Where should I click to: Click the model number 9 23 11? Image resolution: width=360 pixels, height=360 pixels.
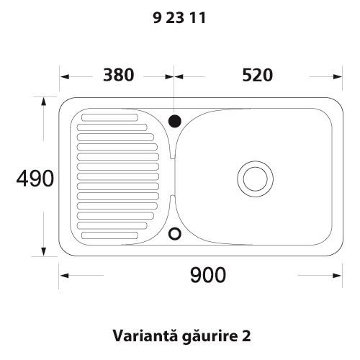point(180,20)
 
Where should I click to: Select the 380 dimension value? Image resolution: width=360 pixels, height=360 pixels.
point(117,76)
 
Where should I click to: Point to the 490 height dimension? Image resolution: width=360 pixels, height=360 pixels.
point(35,178)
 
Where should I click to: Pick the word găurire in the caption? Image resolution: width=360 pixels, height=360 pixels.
point(204,336)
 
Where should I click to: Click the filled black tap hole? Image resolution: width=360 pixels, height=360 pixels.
point(174,120)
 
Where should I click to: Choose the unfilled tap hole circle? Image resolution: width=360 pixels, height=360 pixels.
point(174,233)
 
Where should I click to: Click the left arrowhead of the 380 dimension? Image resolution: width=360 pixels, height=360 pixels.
point(64,76)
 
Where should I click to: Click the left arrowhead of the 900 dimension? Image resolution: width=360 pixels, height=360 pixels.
point(64,275)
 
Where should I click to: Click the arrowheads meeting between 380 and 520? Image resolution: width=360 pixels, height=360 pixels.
point(174,76)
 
